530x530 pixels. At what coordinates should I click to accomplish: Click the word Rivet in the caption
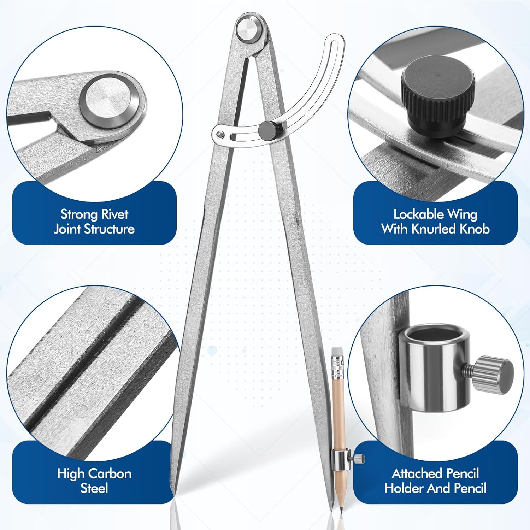coord(114,214)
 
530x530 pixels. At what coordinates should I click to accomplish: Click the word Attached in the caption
coord(414,473)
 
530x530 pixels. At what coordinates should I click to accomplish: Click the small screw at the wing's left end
coord(221,134)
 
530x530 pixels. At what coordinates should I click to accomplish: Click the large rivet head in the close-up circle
coord(111,102)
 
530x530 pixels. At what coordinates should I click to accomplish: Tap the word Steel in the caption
coord(94,488)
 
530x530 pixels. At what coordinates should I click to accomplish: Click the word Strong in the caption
coord(79,214)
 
